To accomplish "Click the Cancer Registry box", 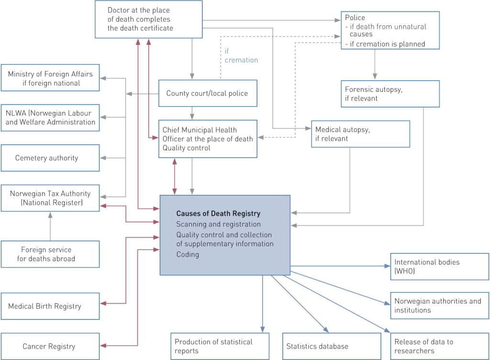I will (x=50, y=346).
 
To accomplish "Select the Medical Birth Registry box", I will (x=50, y=306).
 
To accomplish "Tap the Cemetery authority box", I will (x=50, y=158).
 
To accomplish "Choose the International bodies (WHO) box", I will (x=440, y=267).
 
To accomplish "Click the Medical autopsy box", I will (x=360, y=134).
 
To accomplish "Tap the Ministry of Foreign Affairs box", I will (x=50, y=78).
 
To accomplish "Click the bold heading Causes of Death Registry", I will (x=218, y=213).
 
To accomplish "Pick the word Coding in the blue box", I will (x=188, y=254).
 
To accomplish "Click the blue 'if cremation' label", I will (x=241, y=55).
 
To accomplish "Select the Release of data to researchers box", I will (x=440, y=346).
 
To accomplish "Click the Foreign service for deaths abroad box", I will (x=50, y=254).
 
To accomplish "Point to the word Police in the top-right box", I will (x=355, y=18).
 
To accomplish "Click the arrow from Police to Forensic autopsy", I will (x=375, y=65).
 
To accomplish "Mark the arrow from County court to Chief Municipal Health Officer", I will (x=192, y=113).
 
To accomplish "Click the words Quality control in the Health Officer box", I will (x=186, y=148).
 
